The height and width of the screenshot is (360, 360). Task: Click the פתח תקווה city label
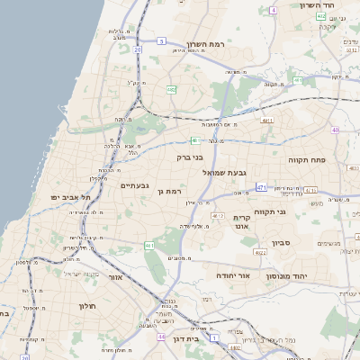tap(307, 159)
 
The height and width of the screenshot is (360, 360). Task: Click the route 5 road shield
tap(160, 40)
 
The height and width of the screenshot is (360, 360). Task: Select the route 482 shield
tap(171, 89)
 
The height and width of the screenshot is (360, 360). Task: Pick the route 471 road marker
tap(261, 187)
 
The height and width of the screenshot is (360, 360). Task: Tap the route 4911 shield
tap(266, 119)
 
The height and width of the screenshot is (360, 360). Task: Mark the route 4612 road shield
tap(217, 216)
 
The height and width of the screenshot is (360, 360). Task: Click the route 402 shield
tap(321, 16)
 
